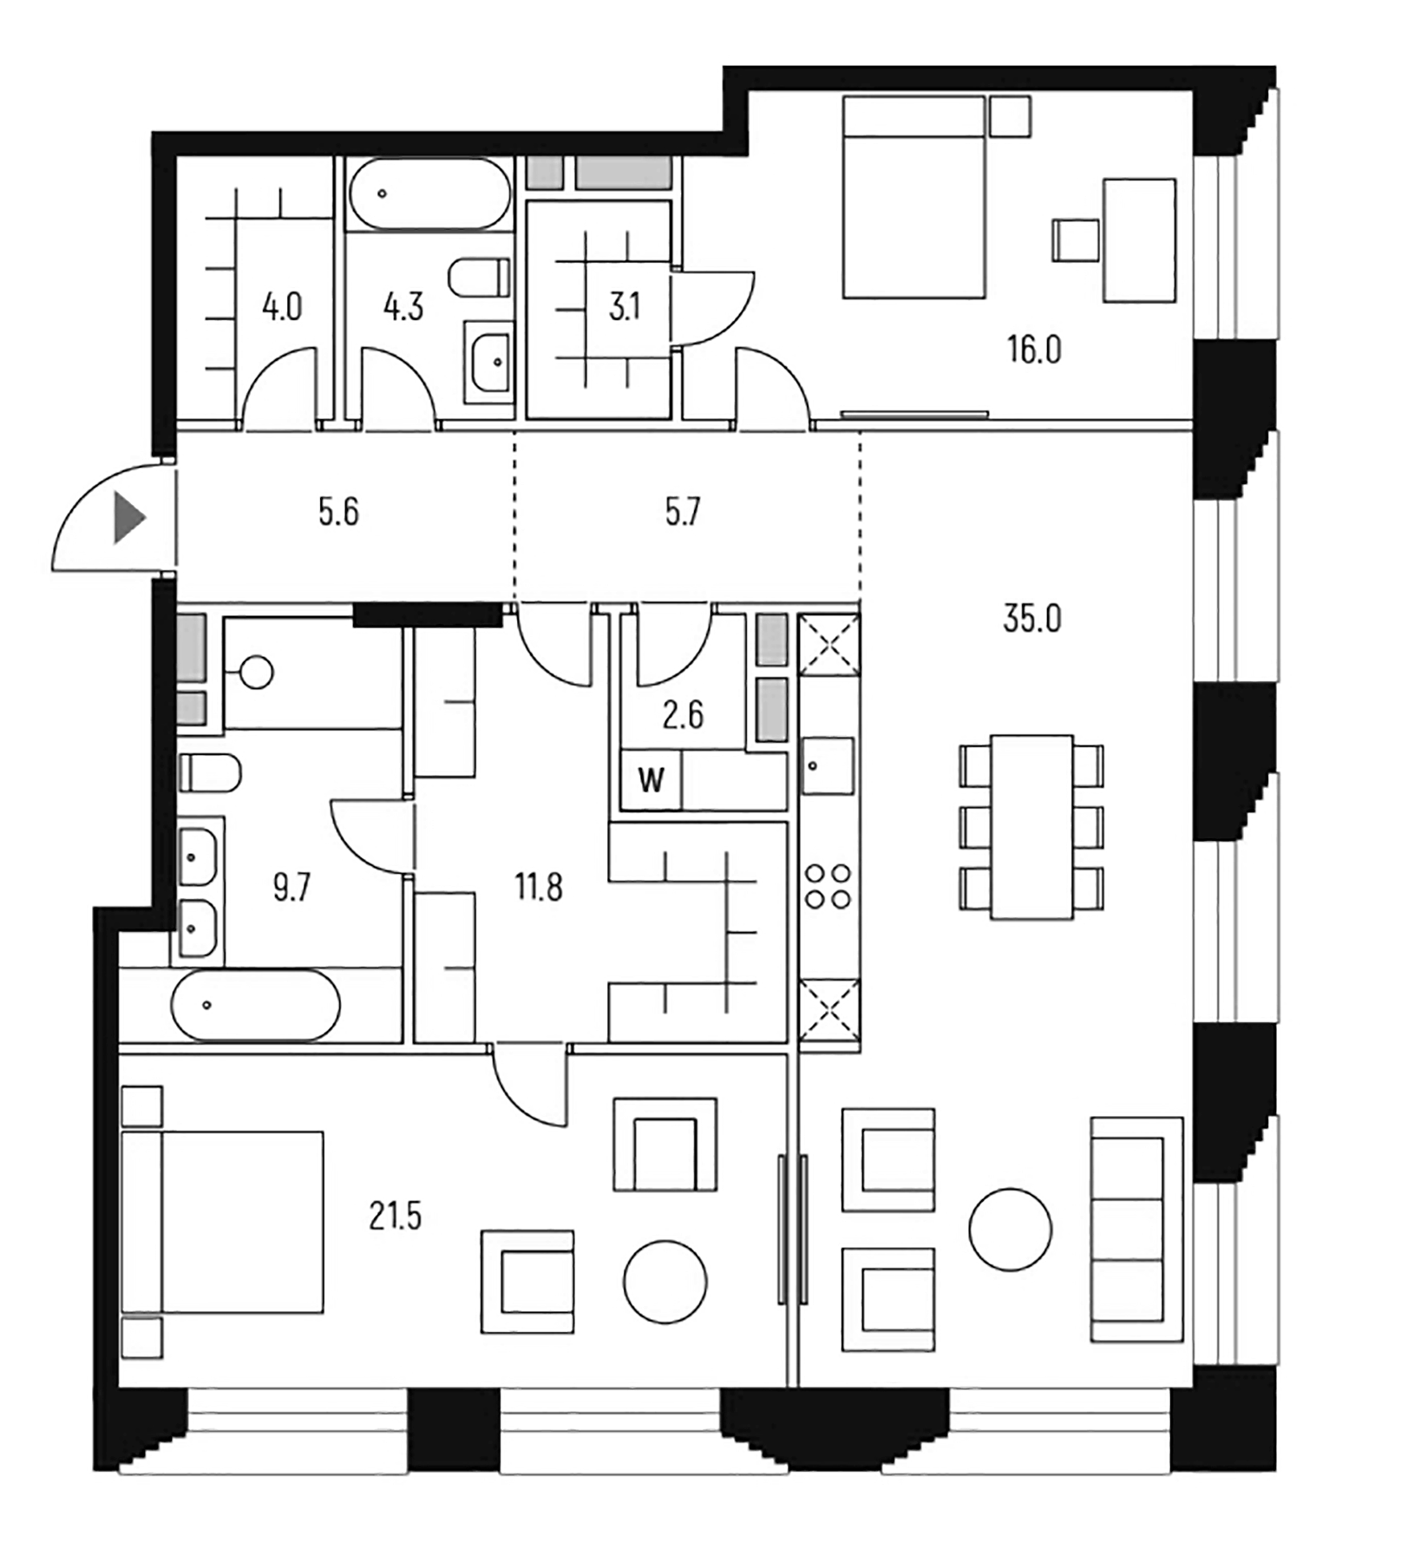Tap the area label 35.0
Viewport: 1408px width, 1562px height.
pyautogui.click(x=1031, y=620)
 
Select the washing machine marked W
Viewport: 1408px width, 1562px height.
pyautogui.click(x=651, y=780)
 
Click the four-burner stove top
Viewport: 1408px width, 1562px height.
pyautogui.click(x=828, y=886)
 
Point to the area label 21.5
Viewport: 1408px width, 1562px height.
pyautogui.click(x=395, y=1216)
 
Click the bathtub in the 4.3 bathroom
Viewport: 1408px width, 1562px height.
pyautogui.click(x=429, y=194)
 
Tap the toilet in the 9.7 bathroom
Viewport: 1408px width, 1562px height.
pyautogui.click(x=209, y=771)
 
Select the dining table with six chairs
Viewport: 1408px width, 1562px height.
pyautogui.click(x=1031, y=827)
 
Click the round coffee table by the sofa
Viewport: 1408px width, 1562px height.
pyautogui.click(x=1010, y=1230)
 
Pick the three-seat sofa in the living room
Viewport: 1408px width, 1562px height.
pyautogui.click(x=1136, y=1230)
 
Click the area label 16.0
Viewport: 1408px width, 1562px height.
pyautogui.click(x=1033, y=350)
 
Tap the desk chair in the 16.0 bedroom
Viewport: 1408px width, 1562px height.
pyautogui.click(x=1076, y=240)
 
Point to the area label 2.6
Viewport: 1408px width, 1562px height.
pyautogui.click(x=683, y=715)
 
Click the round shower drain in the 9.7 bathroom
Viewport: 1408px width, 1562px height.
pyautogui.click(x=257, y=672)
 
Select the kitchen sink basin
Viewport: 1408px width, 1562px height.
pyautogui.click(x=828, y=766)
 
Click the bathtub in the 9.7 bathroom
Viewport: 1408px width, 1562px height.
pyautogui.click(x=255, y=1005)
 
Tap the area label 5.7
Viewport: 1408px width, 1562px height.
pyautogui.click(x=683, y=512)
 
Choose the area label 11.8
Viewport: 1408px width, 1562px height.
pyautogui.click(x=538, y=887)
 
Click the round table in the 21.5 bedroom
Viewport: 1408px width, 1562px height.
pyautogui.click(x=665, y=1282)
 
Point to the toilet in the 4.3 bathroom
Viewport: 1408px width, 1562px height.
pyautogui.click(x=479, y=278)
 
